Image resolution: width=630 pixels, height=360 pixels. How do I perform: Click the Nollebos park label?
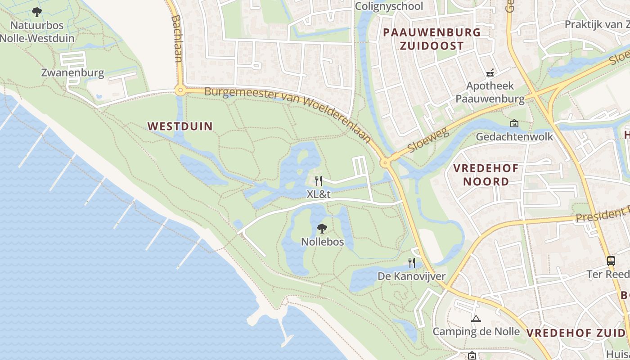click(322, 242)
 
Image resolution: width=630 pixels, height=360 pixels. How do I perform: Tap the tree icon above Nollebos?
click(322, 229)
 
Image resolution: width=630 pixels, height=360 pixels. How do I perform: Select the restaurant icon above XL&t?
click(319, 181)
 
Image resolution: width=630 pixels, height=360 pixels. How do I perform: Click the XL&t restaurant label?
click(319, 194)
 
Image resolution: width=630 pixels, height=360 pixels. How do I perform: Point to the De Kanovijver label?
click(411, 276)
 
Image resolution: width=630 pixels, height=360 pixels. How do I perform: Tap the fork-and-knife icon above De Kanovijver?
click(411, 263)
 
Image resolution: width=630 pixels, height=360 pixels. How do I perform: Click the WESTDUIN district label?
click(180, 126)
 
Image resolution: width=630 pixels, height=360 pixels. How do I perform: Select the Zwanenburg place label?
click(72, 73)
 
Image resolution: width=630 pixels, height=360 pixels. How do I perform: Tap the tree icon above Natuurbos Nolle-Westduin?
click(37, 12)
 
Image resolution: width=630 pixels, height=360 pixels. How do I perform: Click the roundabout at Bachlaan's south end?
click(180, 91)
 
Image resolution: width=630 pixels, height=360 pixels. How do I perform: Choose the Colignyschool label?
click(389, 6)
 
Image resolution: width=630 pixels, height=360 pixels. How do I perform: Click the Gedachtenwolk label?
click(514, 137)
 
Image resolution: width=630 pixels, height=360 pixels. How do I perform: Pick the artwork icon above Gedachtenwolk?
click(514, 123)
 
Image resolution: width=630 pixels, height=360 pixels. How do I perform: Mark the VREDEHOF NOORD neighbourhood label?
click(486, 175)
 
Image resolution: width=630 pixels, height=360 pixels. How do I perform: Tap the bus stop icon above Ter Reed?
click(611, 261)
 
